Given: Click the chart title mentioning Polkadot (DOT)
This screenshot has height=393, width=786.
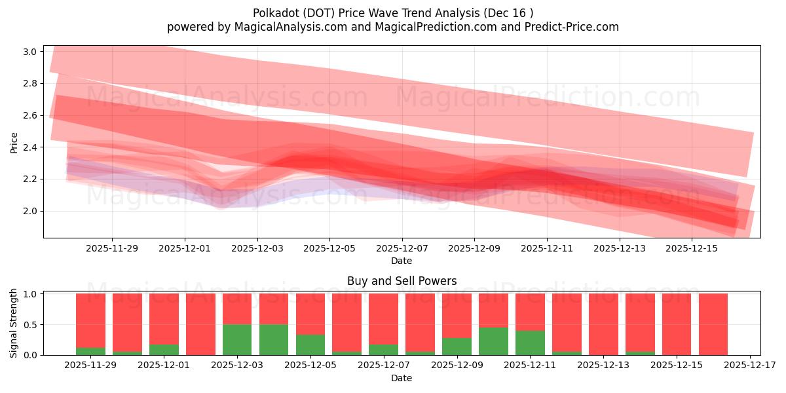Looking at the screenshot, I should click(x=392, y=12).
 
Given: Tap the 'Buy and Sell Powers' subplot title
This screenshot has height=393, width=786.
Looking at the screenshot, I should click(x=402, y=281).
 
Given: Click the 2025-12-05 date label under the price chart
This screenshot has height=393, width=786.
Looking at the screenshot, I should click(x=329, y=248).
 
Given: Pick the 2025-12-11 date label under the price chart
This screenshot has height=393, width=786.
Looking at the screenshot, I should click(x=547, y=248).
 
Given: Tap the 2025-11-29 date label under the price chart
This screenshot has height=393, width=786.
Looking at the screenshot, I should click(x=112, y=248).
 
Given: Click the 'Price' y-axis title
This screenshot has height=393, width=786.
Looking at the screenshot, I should click(x=14, y=141).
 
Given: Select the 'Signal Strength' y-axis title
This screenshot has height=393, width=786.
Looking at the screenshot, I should click(x=14, y=323).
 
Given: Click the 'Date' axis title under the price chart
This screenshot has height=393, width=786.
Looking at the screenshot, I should click(x=402, y=261).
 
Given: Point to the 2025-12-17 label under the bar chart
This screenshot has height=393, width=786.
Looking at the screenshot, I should click(x=749, y=365).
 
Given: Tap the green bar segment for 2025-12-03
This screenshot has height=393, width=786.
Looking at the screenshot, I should click(x=237, y=340).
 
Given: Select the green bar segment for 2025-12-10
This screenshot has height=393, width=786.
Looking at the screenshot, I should click(x=493, y=341).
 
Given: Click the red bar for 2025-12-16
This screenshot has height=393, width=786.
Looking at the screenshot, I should click(x=713, y=324).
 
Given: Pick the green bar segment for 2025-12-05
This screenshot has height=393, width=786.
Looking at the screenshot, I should click(x=310, y=345).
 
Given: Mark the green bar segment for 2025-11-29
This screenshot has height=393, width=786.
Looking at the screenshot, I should click(x=90, y=351).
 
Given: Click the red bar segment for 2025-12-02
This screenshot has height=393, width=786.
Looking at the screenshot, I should click(x=200, y=324).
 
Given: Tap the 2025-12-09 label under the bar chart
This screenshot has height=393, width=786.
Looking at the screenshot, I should click(x=457, y=365).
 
